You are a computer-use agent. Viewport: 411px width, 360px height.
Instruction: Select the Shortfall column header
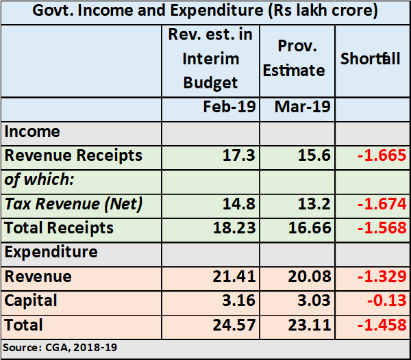(371, 59)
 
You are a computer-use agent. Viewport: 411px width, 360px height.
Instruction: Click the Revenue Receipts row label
(73, 155)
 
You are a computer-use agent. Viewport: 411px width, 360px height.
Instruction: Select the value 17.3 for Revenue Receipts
(240, 155)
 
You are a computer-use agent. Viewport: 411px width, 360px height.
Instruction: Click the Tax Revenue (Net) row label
(73, 203)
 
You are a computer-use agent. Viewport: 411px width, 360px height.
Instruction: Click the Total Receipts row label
(59, 227)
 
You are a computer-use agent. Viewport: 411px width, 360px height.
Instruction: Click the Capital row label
(32, 300)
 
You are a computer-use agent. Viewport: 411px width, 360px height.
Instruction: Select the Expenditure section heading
(51, 252)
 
